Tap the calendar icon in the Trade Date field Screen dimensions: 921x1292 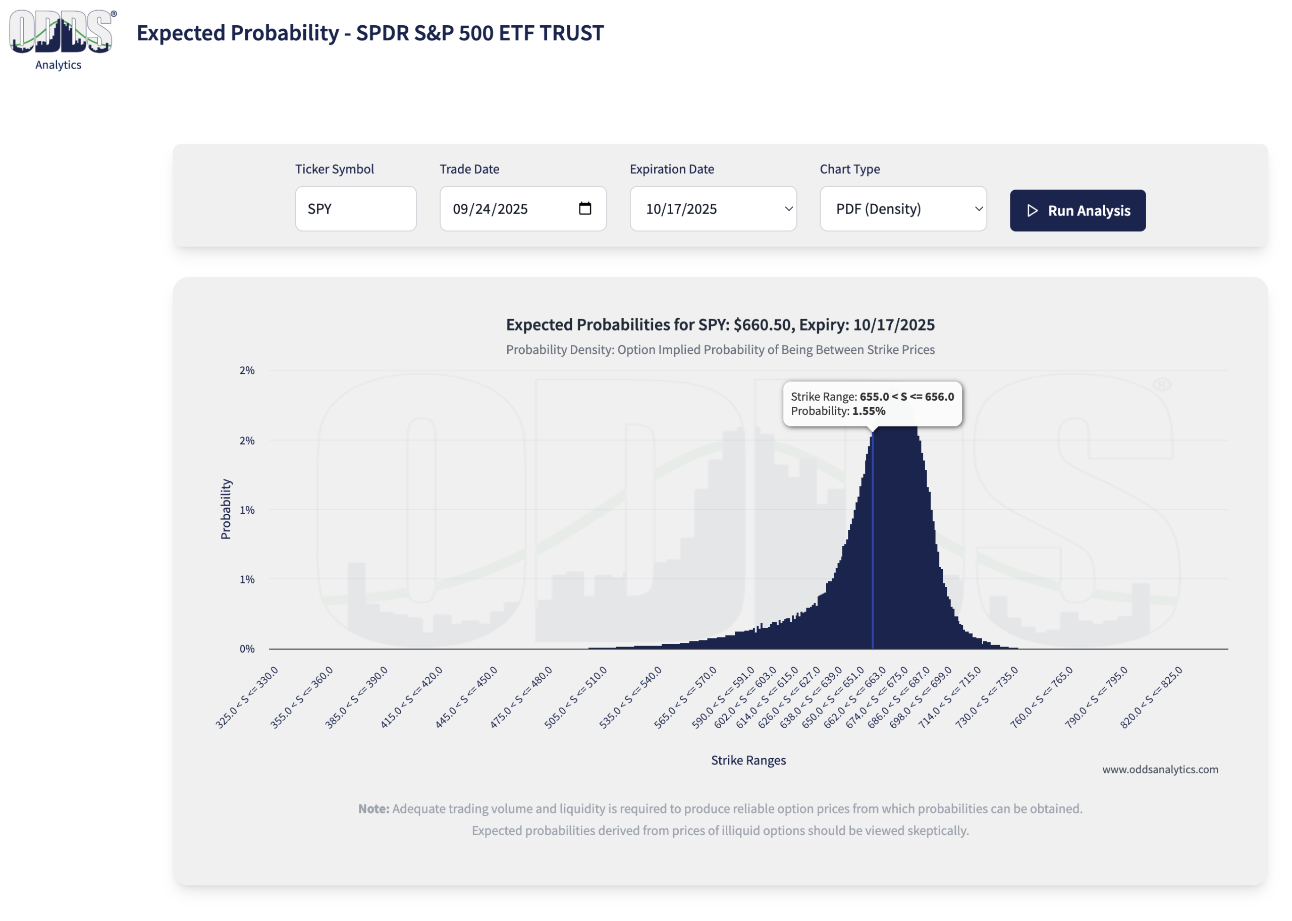tap(584, 209)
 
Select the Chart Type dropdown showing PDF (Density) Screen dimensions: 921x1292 tap(902, 209)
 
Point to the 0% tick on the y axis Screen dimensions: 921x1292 tap(247, 649)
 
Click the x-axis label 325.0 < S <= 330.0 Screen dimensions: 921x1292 tap(247, 697)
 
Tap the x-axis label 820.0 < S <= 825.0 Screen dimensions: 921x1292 tap(1151, 697)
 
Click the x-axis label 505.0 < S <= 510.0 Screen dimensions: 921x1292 tap(576, 697)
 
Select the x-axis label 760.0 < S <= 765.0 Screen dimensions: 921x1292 tap(1041, 697)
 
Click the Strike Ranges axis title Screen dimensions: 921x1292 tap(748, 760)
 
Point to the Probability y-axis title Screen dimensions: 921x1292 tap(226, 509)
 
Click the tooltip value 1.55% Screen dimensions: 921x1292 tap(869, 411)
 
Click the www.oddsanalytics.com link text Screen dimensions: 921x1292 tap(1159, 769)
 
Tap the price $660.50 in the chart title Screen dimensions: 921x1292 tap(762, 324)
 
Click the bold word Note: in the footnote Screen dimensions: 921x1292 tap(373, 808)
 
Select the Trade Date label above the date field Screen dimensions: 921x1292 tap(469, 169)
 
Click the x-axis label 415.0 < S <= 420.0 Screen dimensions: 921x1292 tap(412, 697)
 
